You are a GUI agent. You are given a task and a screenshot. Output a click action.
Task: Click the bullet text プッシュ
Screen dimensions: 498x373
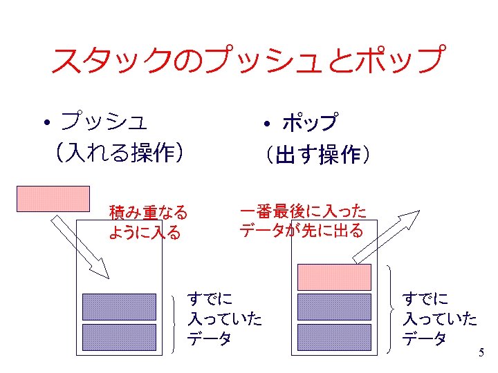104,122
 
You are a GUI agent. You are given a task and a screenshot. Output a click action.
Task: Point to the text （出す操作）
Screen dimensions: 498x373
315,155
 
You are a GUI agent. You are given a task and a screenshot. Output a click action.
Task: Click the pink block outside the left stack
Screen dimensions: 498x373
53,198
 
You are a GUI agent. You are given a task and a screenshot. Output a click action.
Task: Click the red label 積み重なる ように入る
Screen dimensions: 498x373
147,222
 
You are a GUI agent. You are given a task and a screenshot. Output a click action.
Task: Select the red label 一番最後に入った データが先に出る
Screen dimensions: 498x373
302,220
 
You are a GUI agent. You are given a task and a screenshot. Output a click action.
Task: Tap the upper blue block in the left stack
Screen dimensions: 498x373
119,306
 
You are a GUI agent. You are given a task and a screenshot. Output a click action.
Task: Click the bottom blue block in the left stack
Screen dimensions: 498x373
119,336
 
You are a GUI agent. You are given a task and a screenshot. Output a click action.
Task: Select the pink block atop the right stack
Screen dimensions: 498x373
334,276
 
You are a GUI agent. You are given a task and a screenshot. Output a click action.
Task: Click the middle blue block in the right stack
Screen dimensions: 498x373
334,306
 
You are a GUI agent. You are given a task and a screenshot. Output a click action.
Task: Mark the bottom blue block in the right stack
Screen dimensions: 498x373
334,336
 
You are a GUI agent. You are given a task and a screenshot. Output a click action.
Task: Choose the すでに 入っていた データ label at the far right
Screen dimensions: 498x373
439,318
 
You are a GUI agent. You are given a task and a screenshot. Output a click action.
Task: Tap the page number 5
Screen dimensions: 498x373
481,353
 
